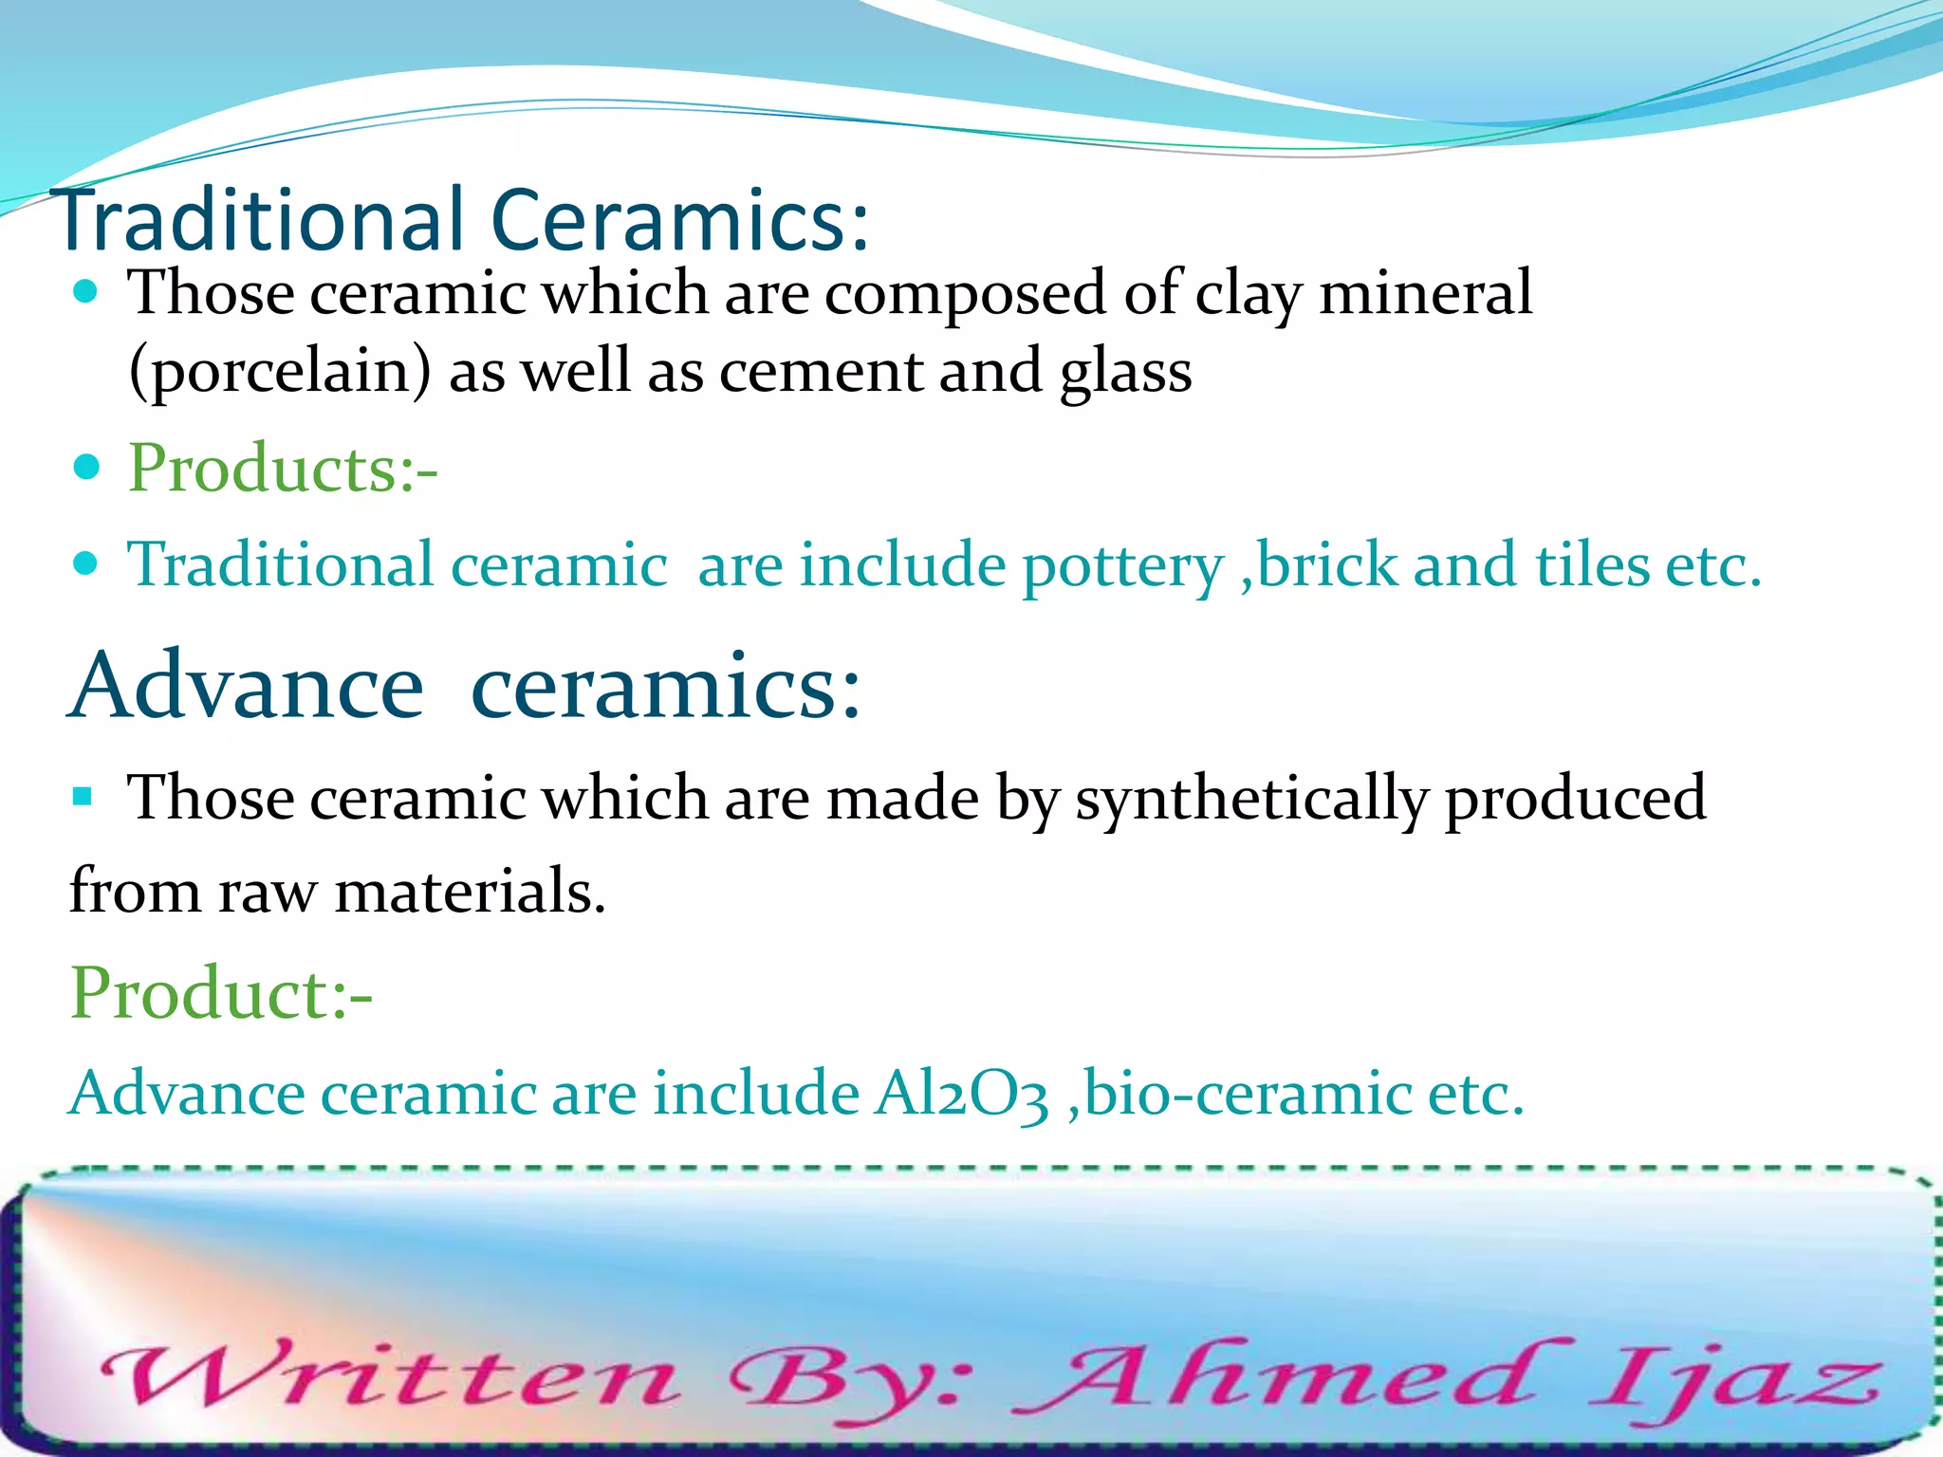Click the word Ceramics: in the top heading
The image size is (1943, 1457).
(679, 220)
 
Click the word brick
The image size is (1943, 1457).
(1327, 565)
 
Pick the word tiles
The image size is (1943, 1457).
(1590, 565)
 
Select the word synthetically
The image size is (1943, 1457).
(1250, 799)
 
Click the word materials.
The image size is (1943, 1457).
(470, 892)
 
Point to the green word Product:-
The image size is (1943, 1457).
(221, 992)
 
